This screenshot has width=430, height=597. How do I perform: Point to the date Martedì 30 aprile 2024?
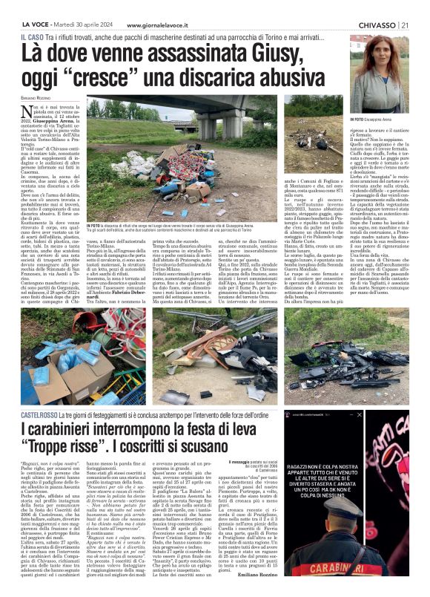click(88, 7)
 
